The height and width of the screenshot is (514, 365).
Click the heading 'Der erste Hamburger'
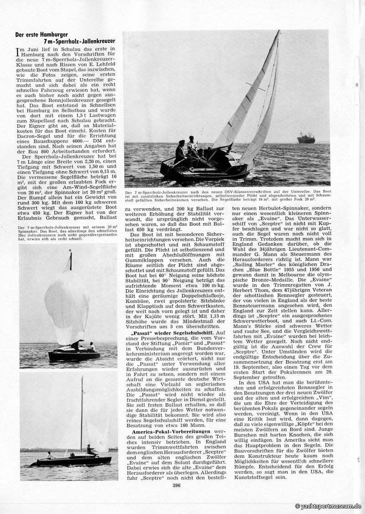[42, 35]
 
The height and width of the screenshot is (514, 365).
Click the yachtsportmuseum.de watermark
[328, 506]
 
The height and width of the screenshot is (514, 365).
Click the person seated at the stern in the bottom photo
[49, 455]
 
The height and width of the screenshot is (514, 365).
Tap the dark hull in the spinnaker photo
[73, 356]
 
